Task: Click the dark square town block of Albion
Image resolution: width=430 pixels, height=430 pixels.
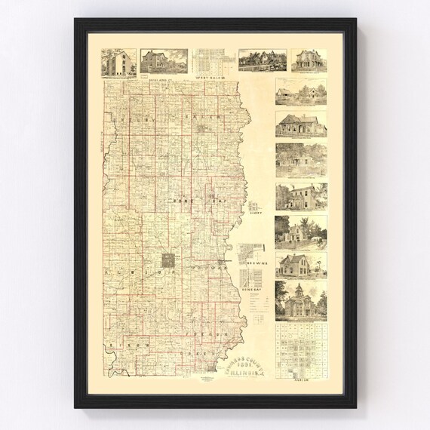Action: tap(171, 260)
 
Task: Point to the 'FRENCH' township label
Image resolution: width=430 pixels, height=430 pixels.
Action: tap(214, 312)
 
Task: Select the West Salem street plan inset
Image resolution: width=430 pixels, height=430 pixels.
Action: tap(213, 61)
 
